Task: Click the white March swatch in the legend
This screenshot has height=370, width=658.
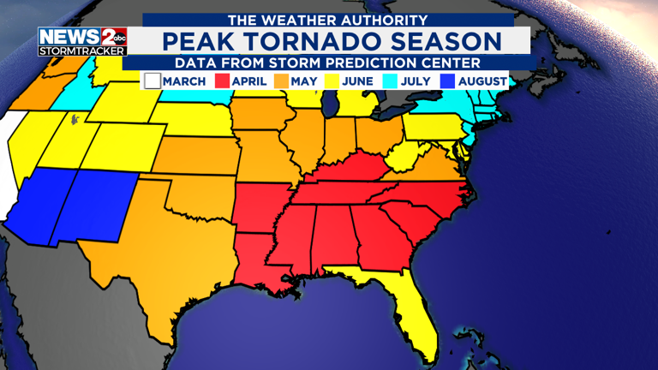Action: coord(153,81)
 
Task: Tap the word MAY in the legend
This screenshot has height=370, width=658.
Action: coord(303,81)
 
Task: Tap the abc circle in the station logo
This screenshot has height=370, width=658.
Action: coord(117,36)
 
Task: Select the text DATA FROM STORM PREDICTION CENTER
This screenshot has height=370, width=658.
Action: coord(330,63)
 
